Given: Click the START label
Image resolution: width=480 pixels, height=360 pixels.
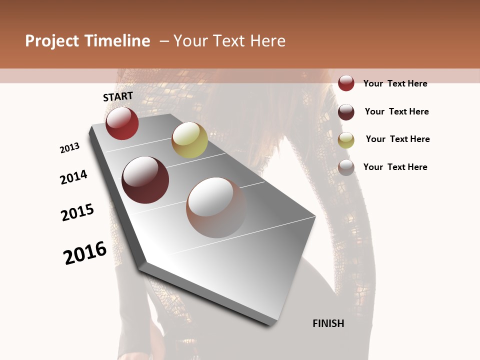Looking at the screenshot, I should (118, 96).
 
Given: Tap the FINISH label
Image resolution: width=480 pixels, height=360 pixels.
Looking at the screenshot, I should (328, 323).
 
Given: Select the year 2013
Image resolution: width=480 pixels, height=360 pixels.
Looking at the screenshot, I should (69, 148).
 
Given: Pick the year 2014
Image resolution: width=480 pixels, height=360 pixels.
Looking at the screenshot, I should (73, 177).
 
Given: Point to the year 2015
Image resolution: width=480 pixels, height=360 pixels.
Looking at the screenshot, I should (77, 212).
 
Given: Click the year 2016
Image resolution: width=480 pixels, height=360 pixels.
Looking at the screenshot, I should (85, 253).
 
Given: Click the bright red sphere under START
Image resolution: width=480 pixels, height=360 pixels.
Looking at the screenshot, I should (122, 123).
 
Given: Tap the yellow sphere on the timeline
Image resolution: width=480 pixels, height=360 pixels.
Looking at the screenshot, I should (189, 139).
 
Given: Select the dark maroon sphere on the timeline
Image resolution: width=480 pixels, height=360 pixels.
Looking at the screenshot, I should (145, 179).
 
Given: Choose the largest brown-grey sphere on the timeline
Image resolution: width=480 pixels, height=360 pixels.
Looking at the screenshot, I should (216, 207).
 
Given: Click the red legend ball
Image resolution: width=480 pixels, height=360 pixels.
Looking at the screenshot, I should (346, 83).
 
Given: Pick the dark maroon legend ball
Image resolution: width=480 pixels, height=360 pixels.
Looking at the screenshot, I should (346, 112).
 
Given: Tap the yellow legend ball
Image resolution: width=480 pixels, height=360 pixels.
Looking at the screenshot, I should (346, 140).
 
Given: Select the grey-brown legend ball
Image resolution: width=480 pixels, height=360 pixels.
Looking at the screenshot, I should (346, 167).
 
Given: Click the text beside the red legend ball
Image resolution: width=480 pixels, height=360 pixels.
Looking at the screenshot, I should (395, 83).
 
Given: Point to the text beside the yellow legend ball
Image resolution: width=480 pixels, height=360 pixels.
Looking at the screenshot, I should (397, 139).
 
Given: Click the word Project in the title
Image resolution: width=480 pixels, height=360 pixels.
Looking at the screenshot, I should (52, 41).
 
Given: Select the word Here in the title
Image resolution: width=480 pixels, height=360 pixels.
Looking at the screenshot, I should (267, 41).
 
